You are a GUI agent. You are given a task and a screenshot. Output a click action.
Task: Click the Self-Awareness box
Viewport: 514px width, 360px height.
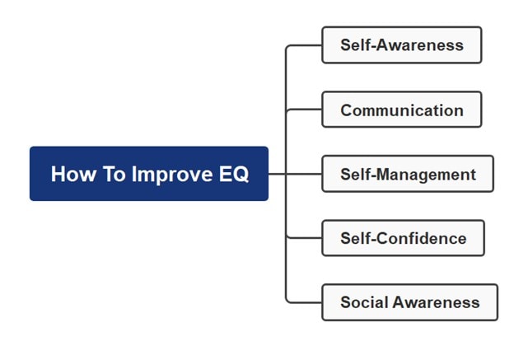click(401, 45)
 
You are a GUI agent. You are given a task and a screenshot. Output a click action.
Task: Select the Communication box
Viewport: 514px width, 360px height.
click(401, 110)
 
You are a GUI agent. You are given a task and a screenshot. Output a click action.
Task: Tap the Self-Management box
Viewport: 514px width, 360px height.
click(408, 174)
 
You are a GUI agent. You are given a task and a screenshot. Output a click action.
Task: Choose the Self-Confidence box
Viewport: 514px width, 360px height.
click(403, 238)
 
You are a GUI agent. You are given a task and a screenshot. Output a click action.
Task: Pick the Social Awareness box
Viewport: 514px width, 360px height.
click(409, 302)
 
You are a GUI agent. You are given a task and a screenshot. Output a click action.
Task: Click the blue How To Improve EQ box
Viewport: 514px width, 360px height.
click(149, 174)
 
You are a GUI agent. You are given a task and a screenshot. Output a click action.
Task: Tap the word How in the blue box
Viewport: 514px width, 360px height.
click(69, 175)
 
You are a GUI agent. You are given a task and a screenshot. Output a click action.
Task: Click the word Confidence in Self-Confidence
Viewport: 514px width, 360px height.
click(423, 239)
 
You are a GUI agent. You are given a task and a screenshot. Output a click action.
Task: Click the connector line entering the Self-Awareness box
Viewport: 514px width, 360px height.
click(305, 45)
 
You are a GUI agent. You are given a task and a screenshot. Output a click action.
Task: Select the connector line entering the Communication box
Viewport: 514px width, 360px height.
click(305, 110)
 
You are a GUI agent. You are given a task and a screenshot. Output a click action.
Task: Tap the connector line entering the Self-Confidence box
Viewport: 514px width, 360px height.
click(305, 238)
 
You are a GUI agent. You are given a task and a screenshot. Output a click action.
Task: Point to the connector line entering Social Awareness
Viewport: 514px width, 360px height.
click(305, 302)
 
